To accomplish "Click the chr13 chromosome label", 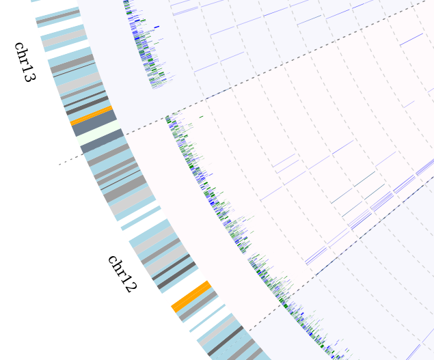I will [24, 61].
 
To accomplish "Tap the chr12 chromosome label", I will [122, 273].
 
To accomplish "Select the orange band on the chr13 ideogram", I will [91, 115].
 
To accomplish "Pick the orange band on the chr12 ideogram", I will [191, 296].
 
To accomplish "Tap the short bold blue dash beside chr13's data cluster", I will [157, 27].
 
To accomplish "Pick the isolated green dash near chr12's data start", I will [201, 117].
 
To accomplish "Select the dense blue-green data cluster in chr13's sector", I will [144, 48].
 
